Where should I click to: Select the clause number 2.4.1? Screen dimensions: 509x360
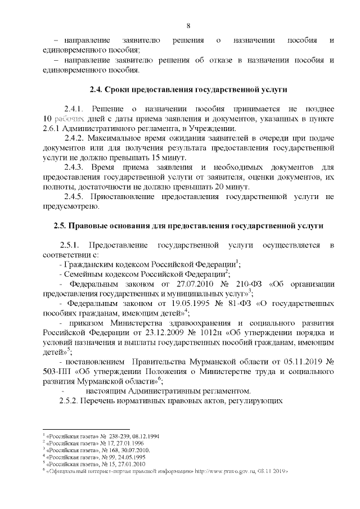pyautogui.click(x=74, y=108)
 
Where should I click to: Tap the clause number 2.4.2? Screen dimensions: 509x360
pyautogui.click(x=74, y=138)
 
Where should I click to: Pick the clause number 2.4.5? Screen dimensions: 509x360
pyautogui.click(x=74, y=197)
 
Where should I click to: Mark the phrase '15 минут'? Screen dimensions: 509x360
pyautogui.click(x=168, y=157)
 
